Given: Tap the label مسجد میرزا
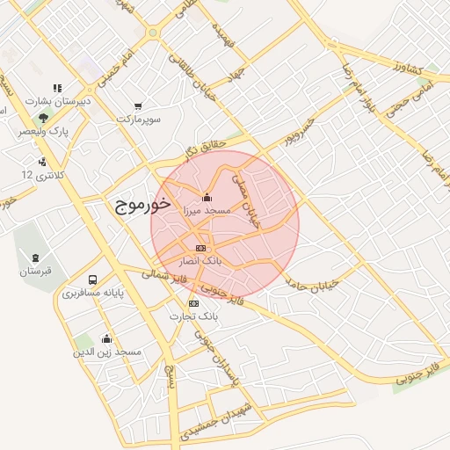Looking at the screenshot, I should (206, 211).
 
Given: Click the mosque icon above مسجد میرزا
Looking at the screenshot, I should (206, 197).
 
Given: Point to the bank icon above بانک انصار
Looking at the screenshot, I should (201, 248).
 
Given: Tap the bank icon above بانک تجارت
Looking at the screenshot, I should (193, 303).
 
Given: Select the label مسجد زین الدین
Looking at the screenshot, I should (107, 352).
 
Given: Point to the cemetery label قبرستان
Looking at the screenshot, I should (36, 271).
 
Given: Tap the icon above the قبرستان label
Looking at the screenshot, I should (36, 258).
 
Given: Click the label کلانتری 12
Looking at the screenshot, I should (40, 175).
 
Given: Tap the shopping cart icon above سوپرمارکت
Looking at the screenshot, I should (139, 106).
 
